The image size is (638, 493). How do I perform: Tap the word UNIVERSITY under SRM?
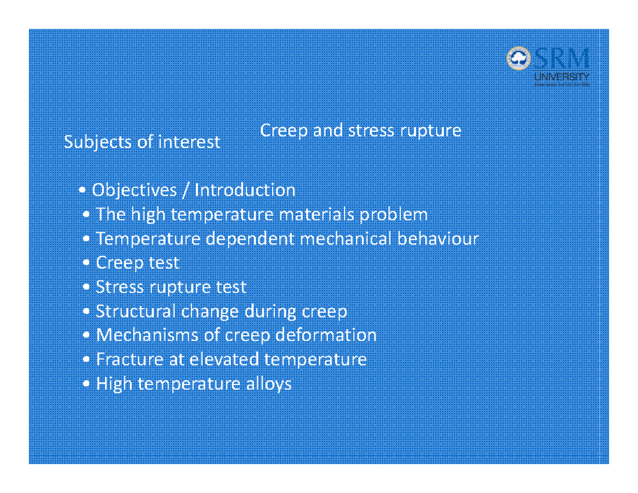coord(561,77)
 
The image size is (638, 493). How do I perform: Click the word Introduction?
coord(245,190)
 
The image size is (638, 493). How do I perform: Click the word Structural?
coord(128,312)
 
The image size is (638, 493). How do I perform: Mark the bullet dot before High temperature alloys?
coord(87,385)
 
